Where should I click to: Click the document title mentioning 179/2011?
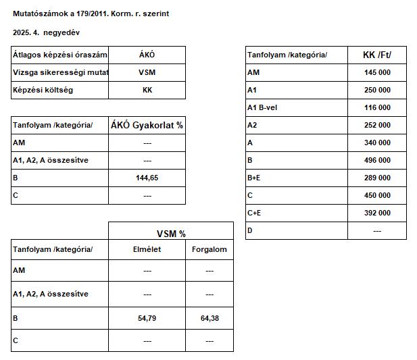(91, 14)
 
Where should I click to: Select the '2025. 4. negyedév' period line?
(50, 32)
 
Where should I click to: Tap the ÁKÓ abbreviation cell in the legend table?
(147, 55)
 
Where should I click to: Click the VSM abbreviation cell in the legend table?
(147, 72)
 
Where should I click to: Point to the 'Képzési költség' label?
(43, 90)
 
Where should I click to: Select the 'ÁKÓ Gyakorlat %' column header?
(147, 125)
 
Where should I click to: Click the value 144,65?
(147, 178)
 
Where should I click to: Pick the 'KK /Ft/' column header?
(377, 55)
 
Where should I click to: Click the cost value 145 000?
(377, 72)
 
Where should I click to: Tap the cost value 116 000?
(377, 107)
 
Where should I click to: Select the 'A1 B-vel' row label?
(262, 107)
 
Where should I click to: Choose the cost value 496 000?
(377, 161)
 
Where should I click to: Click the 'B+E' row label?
(255, 178)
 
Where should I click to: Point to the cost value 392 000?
(377, 213)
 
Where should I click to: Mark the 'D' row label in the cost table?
(250, 230)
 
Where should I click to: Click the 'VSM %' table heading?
(171, 233)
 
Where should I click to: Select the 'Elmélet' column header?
(147, 249)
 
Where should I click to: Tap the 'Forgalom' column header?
(210, 249)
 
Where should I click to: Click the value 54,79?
(147, 318)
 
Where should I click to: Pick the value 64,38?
(210, 318)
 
